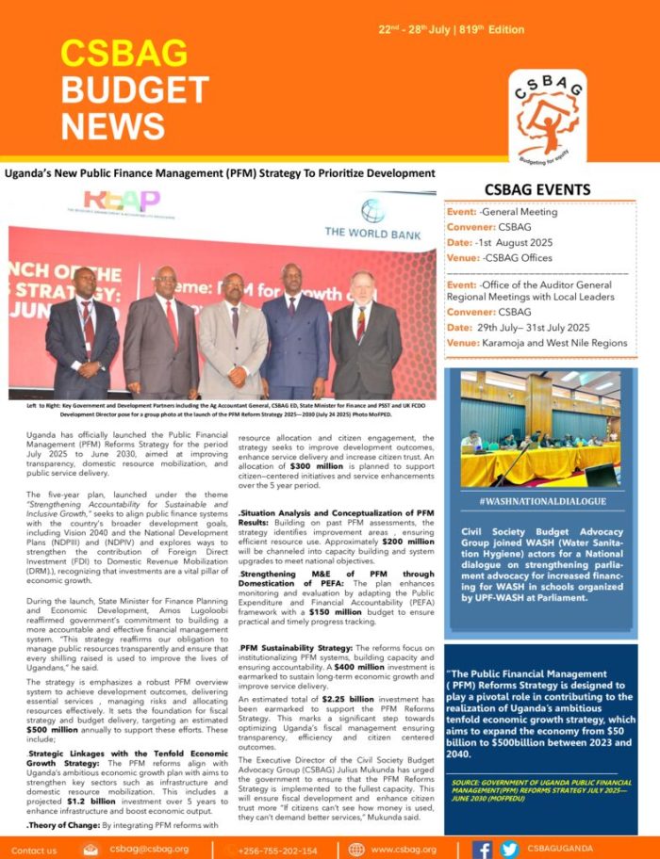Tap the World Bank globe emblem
point(373,211)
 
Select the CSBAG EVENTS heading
point(537,189)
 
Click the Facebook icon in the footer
point(483,849)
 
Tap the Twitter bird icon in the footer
point(509,849)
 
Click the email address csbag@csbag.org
point(149,849)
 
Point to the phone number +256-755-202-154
point(279,850)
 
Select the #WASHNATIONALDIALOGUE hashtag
point(542,501)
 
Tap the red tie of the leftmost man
point(88,323)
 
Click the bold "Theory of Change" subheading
point(60,825)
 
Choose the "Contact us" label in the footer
point(34,850)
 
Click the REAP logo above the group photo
point(122,201)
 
